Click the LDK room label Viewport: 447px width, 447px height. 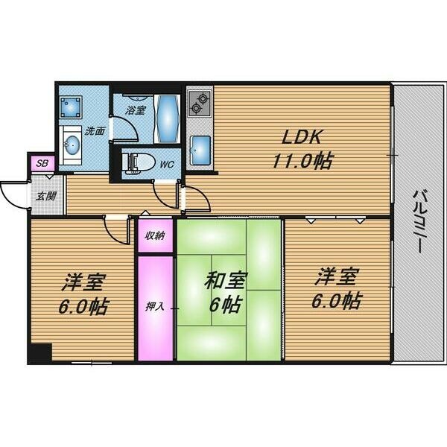[x=302, y=137]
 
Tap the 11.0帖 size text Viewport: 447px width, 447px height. [x=302, y=161]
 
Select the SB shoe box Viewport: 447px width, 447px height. [x=42, y=163]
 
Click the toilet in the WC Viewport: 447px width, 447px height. [x=139, y=164]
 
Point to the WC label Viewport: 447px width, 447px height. [x=167, y=164]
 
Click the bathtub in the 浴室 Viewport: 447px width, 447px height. [x=167, y=119]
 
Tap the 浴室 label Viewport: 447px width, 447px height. [x=136, y=110]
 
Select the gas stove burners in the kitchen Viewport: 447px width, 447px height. [x=199, y=104]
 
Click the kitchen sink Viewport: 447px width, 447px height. [x=200, y=150]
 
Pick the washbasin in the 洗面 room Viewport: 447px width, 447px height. [x=72, y=146]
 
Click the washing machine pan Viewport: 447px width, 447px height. [x=71, y=107]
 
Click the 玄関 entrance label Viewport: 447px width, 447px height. [x=46, y=196]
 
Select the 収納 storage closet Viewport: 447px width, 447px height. [x=156, y=235]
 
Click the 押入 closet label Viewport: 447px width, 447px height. [x=155, y=306]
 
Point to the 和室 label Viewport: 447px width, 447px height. [x=225, y=281]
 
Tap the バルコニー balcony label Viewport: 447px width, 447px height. [x=418, y=221]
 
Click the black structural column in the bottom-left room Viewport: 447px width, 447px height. [x=40, y=353]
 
